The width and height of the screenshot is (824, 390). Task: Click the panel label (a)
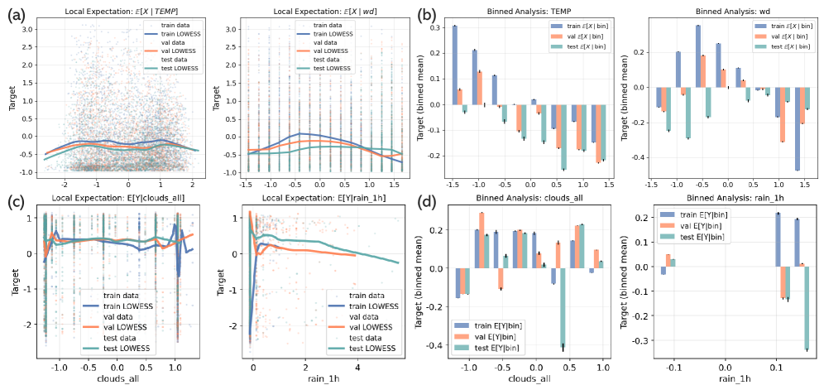pos(17,14)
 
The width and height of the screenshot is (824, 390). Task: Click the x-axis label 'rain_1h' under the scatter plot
pos(307,379)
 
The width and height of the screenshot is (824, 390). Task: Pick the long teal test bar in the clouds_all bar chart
pos(563,306)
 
